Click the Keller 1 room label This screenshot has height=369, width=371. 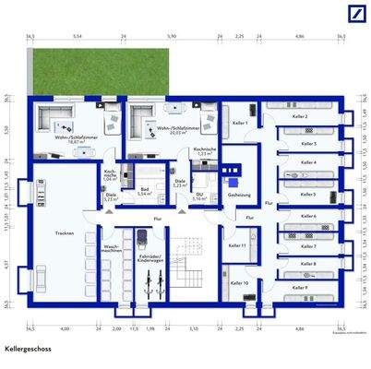pos(238,123)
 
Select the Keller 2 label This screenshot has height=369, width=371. pos(298,117)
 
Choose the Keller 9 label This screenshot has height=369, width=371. pos(298,289)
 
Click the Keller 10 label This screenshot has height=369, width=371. pos(239,282)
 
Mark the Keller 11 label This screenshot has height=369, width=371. pos(236,245)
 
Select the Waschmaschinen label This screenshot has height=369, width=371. pos(111,249)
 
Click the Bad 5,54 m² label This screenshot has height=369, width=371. pos(144,193)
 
